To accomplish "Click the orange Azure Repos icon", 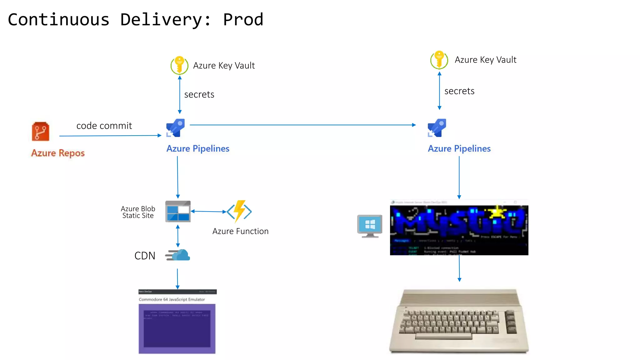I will [40, 132].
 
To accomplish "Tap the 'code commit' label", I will [104, 126].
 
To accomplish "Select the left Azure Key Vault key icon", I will [179, 65].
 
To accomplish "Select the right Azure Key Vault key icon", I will [439, 60].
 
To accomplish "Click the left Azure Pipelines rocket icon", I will [176, 128].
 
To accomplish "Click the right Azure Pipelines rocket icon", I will [437, 128].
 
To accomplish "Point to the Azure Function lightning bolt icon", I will [239, 211].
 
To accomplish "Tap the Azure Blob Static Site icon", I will [178, 212].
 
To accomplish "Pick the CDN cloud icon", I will [178, 255].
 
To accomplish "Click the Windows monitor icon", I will [370, 226].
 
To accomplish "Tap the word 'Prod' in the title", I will [243, 19].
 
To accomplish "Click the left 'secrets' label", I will [199, 94].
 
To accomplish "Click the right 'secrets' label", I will [459, 91].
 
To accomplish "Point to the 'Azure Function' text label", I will [240, 231].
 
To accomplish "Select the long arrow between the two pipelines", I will [302, 125].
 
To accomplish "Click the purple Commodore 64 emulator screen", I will [177, 328].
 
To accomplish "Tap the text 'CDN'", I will [145, 256].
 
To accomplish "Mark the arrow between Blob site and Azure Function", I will [208, 212].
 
